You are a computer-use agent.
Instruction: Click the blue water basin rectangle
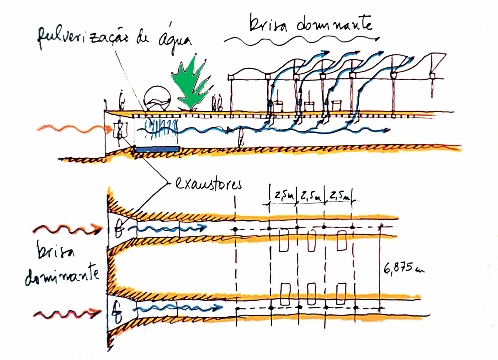click(x=156, y=149)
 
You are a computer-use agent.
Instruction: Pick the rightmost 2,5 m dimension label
click(x=339, y=196)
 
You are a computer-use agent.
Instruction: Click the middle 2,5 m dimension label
click(x=311, y=196)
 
